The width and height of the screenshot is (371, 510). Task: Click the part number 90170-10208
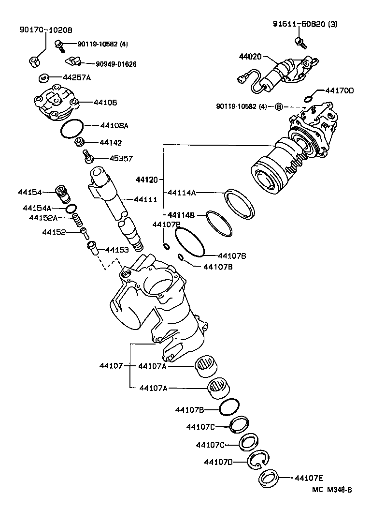pos(45,30)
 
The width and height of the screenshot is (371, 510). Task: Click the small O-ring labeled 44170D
pos(308,99)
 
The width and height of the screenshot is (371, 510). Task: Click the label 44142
pos(111,143)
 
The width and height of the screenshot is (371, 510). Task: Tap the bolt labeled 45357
pos(88,156)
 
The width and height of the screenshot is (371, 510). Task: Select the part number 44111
pos(145,199)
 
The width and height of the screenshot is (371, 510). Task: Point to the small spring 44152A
pos(76,220)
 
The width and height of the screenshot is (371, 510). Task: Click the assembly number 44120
pos(147,180)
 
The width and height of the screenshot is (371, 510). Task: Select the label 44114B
pos(181,214)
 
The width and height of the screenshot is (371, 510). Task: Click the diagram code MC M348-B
pos(332,489)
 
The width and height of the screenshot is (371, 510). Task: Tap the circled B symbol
pos(279,106)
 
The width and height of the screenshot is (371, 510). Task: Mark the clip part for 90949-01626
pos(73,61)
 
